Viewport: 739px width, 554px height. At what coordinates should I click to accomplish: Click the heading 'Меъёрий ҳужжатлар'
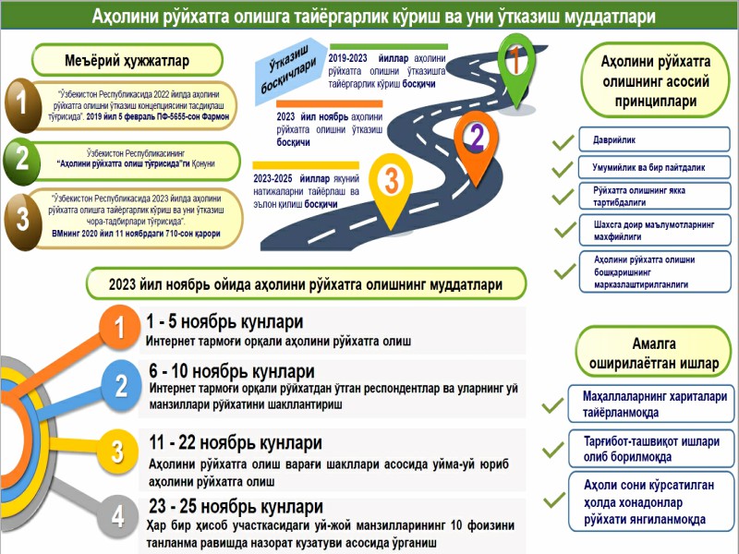point(127,61)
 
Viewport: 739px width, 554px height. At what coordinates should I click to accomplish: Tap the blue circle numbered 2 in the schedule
point(121,385)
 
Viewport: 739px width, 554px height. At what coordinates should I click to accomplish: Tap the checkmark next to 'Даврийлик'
point(561,144)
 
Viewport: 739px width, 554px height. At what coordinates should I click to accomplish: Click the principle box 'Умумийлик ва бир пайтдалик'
point(648,169)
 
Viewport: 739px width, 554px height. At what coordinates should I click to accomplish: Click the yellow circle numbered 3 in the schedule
point(117,452)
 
